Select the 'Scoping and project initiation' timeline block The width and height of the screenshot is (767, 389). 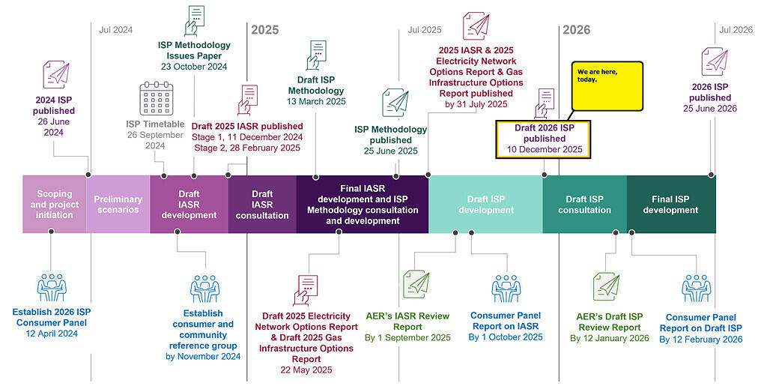(x=55, y=205)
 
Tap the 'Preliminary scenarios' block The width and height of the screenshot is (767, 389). (x=118, y=205)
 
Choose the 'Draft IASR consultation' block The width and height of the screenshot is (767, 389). (x=262, y=205)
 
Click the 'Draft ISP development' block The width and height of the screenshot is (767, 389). (x=485, y=205)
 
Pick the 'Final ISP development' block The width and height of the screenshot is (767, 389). (x=670, y=205)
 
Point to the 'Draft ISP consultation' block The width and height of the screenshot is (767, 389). (x=584, y=205)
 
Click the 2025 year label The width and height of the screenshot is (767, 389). (x=264, y=30)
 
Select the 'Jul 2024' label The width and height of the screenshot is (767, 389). (x=115, y=30)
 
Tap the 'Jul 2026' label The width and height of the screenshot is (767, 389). (x=736, y=30)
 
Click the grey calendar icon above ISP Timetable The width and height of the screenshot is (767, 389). (x=156, y=99)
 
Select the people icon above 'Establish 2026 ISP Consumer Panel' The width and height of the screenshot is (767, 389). (x=52, y=286)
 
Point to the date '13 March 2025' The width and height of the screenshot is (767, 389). (x=316, y=101)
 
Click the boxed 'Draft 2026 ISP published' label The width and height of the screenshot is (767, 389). (x=543, y=139)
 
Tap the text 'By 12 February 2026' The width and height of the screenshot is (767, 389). (x=700, y=340)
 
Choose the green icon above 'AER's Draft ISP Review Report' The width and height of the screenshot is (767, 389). (x=607, y=286)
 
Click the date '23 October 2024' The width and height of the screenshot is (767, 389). (x=194, y=67)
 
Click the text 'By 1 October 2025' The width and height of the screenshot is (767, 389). (x=506, y=337)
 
